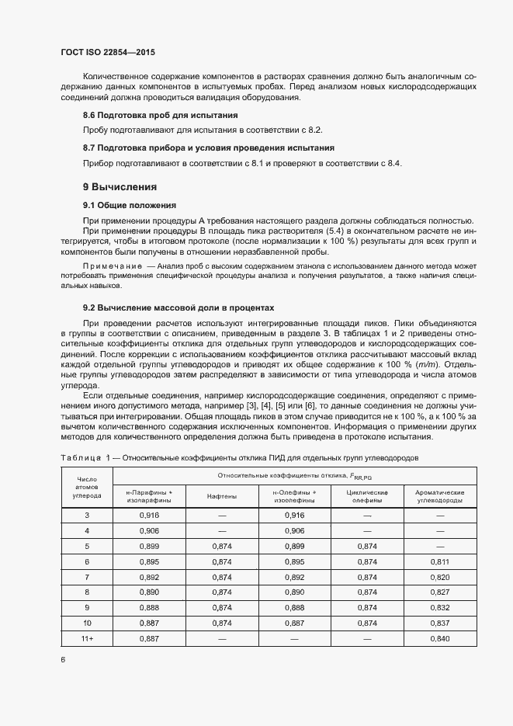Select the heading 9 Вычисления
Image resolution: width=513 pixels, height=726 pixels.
120,187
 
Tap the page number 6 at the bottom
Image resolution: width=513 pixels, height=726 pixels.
63,659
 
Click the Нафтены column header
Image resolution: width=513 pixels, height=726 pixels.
222,496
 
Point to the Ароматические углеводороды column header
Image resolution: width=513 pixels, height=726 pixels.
439,496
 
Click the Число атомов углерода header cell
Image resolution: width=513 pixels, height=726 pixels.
87,488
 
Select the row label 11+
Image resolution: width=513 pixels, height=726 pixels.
87,638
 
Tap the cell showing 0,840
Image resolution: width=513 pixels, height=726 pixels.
439,638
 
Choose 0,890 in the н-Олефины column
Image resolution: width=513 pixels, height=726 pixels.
293,592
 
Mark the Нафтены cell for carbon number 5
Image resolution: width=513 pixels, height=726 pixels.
222,546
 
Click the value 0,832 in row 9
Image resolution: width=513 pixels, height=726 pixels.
439,607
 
